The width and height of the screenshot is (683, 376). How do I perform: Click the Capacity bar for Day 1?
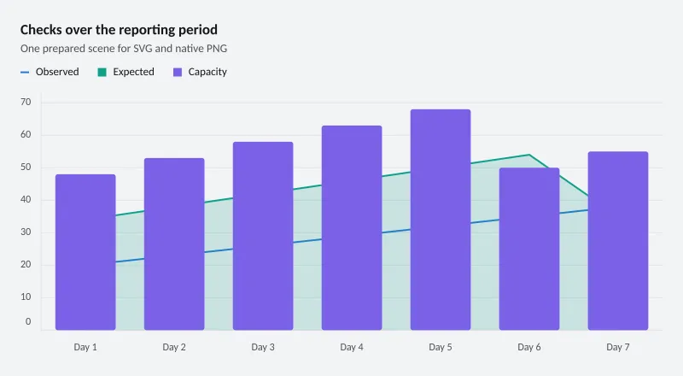(85, 252)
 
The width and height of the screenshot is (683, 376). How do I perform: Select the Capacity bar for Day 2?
(174, 244)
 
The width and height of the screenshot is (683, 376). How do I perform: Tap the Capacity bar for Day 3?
(263, 236)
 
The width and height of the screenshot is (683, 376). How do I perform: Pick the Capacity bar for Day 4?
(352, 227)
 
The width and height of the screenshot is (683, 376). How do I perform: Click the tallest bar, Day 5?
(441, 220)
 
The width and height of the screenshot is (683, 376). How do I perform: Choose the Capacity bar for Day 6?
(529, 249)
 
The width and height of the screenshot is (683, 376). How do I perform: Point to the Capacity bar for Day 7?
(618, 241)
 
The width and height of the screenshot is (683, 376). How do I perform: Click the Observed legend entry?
(50, 72)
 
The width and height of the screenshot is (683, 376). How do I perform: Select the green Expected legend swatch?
(102, 72)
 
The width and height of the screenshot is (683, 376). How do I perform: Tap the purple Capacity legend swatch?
(178, 72)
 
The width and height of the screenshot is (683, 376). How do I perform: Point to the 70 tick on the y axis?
(26, 102)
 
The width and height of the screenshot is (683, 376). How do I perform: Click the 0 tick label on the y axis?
(28, 321)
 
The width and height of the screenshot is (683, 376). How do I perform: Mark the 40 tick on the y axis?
(26, 200)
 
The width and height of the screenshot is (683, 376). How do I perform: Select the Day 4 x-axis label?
(352, 347)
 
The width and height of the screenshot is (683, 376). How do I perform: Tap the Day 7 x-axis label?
(618, 347)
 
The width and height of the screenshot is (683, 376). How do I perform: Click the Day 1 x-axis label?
(85, 347)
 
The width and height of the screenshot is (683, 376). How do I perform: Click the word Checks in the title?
(41, 30)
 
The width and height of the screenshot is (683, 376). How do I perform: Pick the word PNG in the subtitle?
(217, 49)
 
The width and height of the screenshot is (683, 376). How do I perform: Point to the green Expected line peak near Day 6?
(528, 155)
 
